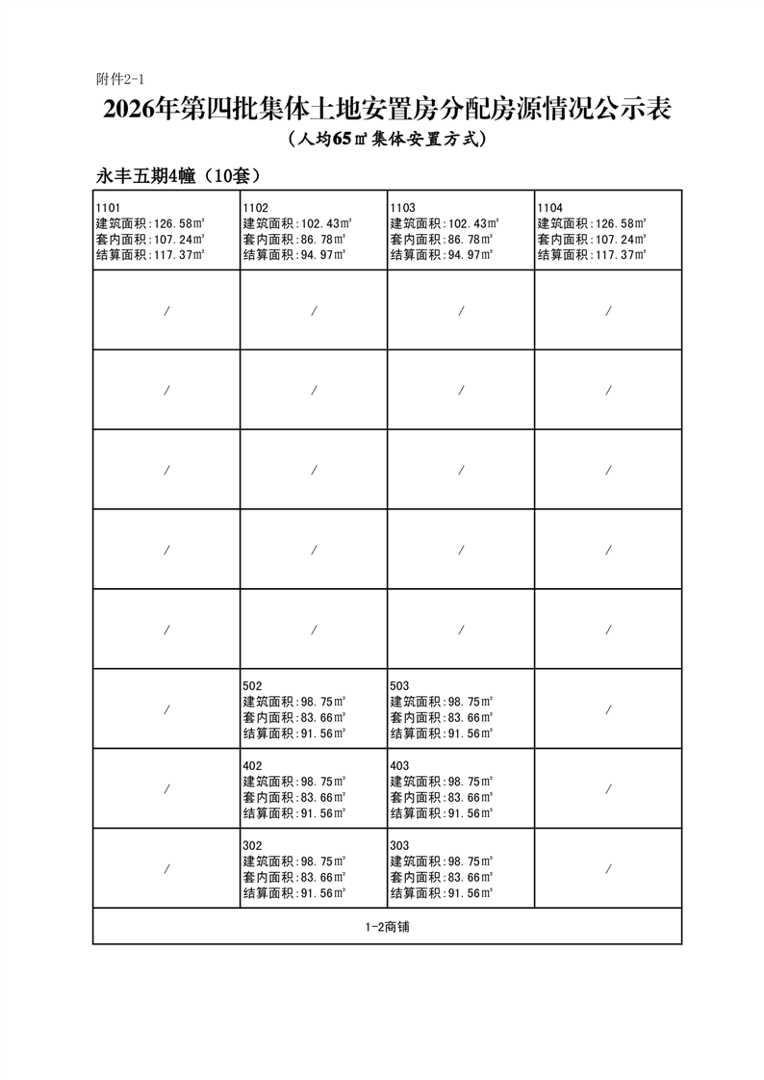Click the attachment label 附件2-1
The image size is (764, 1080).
point(119,78)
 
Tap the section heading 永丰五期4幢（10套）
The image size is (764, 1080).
point(178,176)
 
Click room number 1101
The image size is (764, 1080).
point(108,207)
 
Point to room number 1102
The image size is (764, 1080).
point(255,207)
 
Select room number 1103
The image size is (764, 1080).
point(402,207)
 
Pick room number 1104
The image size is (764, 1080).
point(549,207)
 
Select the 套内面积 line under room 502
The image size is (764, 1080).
point(293,717)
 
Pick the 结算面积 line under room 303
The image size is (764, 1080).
point(441,893)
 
